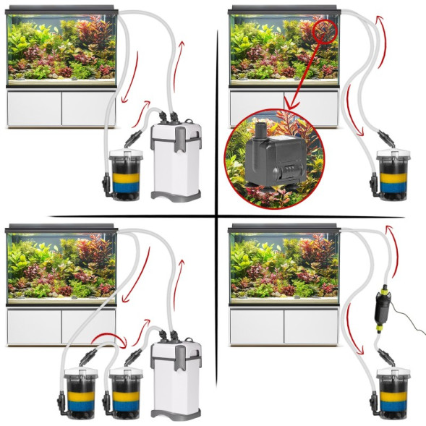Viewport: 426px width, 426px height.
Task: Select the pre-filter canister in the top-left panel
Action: click(x=125, y=174)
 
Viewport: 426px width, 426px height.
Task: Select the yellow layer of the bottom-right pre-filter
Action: click(x=396, y=397)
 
